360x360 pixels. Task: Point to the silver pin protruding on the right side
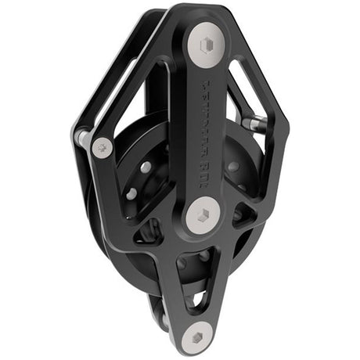coord(252,123)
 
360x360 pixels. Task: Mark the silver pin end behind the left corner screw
coord(82,138)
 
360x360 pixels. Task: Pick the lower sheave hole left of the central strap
coord(133,193)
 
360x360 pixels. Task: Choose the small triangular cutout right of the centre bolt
coord(245,217)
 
